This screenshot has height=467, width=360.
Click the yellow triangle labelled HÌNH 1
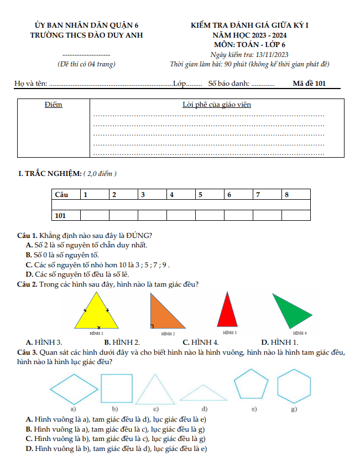[x=98, y=314]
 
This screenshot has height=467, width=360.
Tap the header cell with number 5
[x=210, y=195]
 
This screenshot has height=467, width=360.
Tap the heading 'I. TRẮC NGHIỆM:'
[x=50, y=174]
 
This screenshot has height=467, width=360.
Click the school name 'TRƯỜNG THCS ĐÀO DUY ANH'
[x=86, y=35]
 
